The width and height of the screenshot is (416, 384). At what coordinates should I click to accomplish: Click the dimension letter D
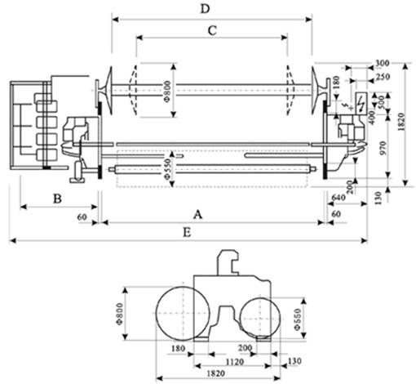pos(206,9)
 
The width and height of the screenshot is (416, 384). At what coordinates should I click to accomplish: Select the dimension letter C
pos(212,30)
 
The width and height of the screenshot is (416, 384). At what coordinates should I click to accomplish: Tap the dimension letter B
pos(57,199)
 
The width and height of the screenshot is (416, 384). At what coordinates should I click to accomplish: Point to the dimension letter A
pos(198,215)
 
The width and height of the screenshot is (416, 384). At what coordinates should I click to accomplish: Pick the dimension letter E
pos(187,233)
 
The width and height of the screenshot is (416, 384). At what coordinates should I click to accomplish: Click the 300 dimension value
pos(383,63)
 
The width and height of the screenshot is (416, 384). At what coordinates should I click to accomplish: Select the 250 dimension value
pos(383,77)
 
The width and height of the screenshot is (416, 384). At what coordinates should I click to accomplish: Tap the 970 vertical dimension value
pos(383,148)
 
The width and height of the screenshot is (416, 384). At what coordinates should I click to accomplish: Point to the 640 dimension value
pos(339,197)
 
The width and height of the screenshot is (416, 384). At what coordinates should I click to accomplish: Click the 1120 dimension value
pos(235,362)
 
